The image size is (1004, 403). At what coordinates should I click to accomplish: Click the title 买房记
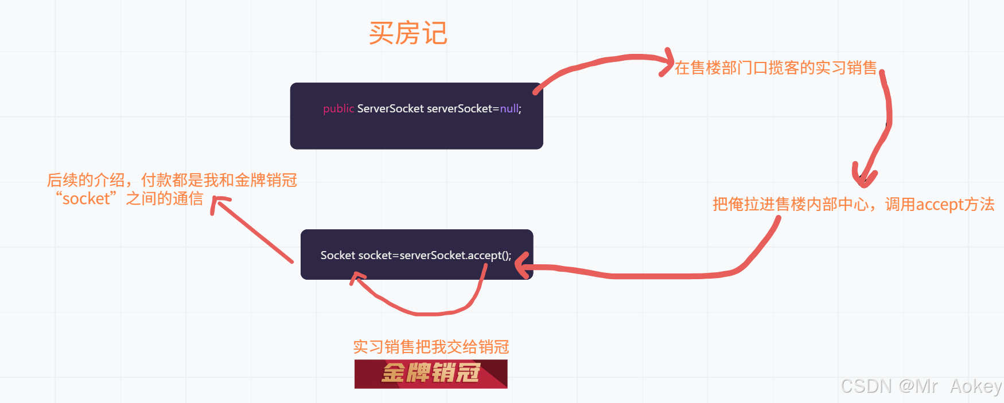point(408,33)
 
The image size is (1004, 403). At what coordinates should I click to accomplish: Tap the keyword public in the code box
point(338,108)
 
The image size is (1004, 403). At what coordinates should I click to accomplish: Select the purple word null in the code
point(509,108)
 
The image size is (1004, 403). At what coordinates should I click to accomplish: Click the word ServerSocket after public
point(390,108)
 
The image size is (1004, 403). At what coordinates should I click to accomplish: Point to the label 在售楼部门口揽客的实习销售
point(776,68)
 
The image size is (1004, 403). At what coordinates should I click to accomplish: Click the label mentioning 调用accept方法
point(853,205)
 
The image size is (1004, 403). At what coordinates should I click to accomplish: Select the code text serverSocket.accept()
point(455,256)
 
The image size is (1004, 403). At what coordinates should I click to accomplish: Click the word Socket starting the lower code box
point(338,256)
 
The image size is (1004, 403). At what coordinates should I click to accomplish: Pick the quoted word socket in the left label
point(86,199)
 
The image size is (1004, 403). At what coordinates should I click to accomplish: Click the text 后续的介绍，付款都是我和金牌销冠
point(172,180)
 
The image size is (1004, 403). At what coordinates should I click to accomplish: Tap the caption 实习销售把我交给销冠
point(431,347)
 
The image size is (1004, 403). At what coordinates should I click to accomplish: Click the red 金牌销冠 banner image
point(431,374)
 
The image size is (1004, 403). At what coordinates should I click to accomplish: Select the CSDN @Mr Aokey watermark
point(921,386)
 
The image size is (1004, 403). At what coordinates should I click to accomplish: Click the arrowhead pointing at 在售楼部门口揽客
point(667,60)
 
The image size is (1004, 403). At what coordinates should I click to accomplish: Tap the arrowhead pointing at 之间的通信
point(219,202)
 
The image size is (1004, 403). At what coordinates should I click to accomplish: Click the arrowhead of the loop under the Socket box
point(357,279)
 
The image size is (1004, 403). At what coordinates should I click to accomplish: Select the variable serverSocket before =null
point(460,108)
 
